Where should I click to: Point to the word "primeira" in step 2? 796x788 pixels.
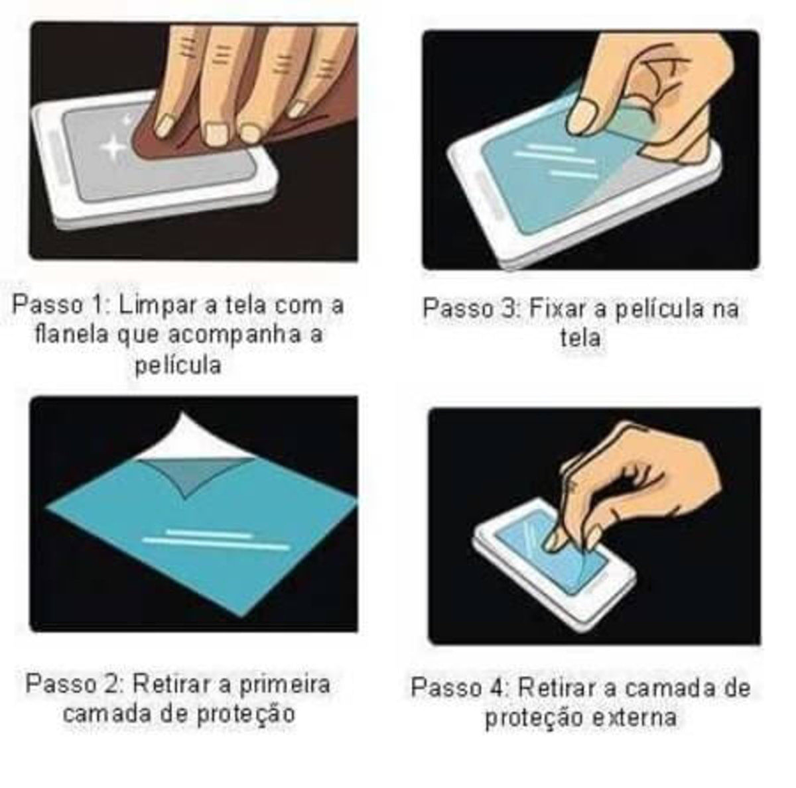[x=285, y=685]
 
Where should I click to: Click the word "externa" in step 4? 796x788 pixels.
[x=635, y=718]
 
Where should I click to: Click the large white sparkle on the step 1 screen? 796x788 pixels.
[x=112, y=147]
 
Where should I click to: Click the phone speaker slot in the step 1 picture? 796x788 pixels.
[x=58, y=157]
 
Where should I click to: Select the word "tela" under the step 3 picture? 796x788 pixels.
[x=580, y=339]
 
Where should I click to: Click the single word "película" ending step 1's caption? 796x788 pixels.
[x=178, y=366]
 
